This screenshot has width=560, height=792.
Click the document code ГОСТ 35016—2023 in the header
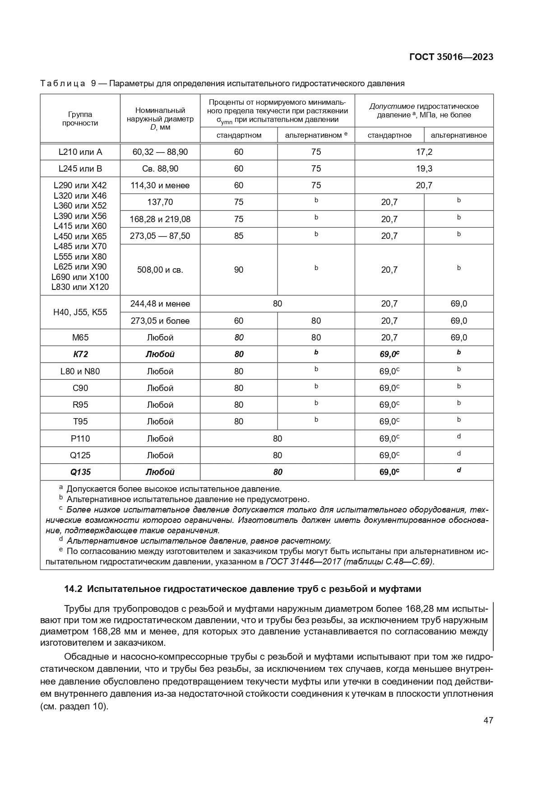(451, 57)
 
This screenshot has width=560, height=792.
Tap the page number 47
(488, 720)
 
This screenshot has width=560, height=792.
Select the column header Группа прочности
(80, 119)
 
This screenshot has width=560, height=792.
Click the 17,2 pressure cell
(424, 152)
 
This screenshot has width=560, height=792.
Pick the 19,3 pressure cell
(424, 168)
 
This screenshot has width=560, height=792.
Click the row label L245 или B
(80, 168)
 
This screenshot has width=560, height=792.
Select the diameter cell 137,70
(160, 202)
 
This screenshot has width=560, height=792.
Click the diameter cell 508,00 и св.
(160, 270)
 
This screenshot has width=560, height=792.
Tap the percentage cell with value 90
(238, 270)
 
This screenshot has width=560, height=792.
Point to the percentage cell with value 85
(238, 236)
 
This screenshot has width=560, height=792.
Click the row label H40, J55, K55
(80, 312)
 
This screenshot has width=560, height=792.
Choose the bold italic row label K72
(80, 354)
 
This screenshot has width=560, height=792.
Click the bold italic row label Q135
(80, 472)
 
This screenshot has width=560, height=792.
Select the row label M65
(80, 337)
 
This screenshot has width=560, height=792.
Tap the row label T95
(80, 421)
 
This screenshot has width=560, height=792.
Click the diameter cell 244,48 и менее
(160, 303)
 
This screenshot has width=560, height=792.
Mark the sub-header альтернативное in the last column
(458, 135)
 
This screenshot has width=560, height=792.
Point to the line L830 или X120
(80, 287)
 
